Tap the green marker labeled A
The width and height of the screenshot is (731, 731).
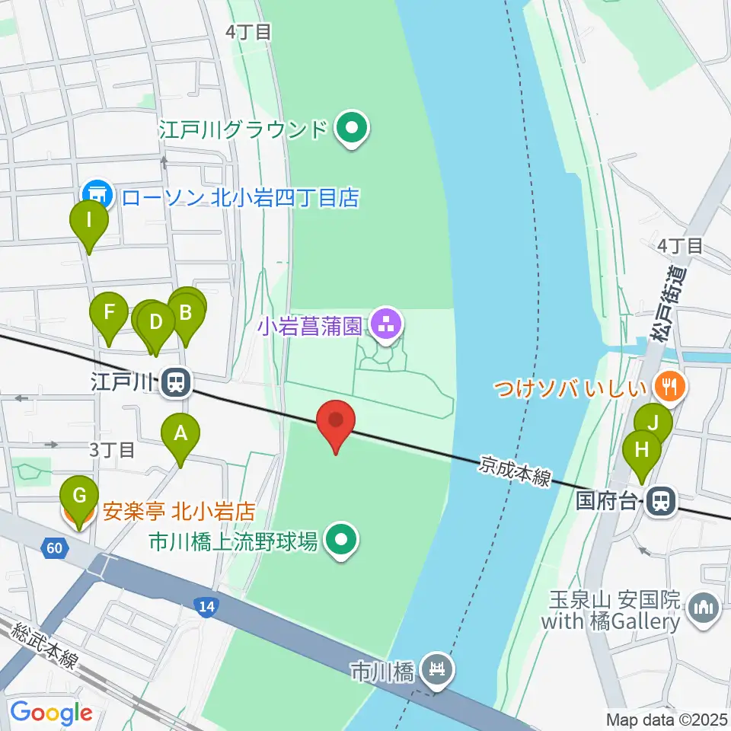[180, 436]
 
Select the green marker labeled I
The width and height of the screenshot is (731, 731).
[89, 223]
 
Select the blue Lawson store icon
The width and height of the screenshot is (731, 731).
[99, 195]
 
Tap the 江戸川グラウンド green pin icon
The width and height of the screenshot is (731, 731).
[352, 129]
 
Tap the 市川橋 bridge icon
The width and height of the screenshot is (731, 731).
[438, 671]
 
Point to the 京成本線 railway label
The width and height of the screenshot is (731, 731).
[515, 473]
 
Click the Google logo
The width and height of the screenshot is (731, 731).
[50, 713]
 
